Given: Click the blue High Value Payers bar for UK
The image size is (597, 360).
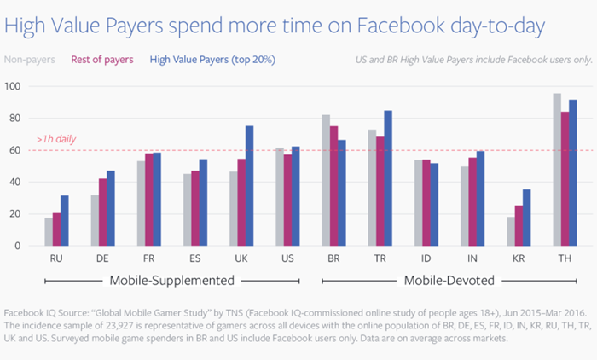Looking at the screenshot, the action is coord(249,185).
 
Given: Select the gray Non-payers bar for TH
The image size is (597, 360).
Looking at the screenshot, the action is coord(557,170).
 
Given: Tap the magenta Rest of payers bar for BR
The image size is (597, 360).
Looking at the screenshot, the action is coord(334,186).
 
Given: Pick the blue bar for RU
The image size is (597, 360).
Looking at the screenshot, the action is coord(65,221).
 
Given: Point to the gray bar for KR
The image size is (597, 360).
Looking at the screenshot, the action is coord(511,231).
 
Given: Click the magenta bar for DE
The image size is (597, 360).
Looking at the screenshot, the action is coord(103,212).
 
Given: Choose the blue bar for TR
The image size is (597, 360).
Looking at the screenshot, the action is coord(388,178).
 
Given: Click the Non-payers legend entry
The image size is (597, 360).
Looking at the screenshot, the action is coord(30,60).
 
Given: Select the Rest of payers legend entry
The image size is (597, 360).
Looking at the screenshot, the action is coord(102,60).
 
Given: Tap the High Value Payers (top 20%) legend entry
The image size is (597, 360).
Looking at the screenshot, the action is coord(212,60).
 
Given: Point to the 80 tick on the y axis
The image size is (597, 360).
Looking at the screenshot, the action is coord(14,118).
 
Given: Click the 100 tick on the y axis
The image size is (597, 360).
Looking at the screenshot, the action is coord(12,86).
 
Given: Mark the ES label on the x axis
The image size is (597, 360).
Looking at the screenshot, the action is coord(195,258).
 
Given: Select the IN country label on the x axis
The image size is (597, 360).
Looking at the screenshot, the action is coord(472,258).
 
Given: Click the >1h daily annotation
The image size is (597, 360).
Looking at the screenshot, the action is coord(56,139).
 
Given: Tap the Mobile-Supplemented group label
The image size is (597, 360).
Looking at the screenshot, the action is coord(171,281).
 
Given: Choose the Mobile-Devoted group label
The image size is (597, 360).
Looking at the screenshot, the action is coord(449,281).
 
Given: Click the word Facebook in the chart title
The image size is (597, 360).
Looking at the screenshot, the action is coord(401,26).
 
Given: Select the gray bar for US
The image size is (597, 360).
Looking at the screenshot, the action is coord(280,196).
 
